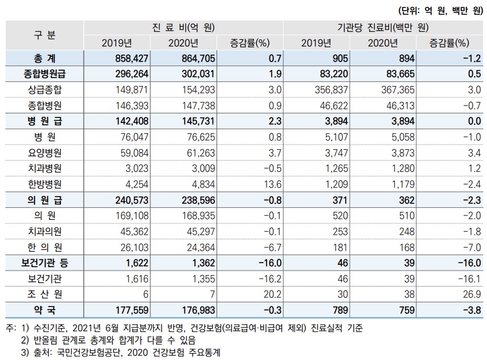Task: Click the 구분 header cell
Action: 44,35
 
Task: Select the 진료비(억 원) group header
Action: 183,28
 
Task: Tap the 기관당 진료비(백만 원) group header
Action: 383,28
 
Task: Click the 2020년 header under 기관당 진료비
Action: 383,43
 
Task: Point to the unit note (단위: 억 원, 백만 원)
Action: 440,11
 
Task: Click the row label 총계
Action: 44,59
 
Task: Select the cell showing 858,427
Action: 132,59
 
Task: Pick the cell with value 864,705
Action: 198,59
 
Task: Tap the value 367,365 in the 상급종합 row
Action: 398,90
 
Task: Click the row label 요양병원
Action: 44,153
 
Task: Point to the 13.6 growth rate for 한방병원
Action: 272,184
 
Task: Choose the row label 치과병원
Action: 44,169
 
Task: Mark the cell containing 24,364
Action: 200,247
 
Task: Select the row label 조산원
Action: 44,294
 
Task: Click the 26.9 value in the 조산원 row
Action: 472,294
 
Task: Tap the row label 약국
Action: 44,310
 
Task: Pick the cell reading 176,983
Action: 198,310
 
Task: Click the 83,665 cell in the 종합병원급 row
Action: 400,74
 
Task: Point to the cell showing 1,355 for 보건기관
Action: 203,279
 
